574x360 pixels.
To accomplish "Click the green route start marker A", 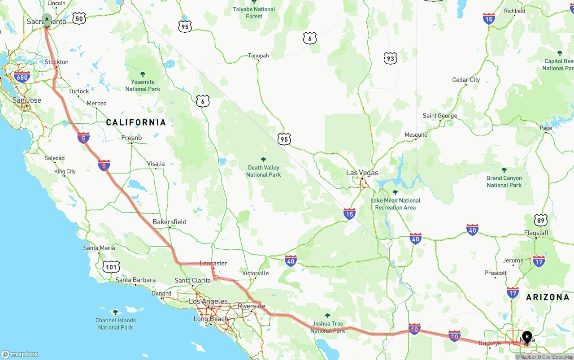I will (47, 19).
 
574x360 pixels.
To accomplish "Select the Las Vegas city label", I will (362, 173).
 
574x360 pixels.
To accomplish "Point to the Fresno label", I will (131, 138).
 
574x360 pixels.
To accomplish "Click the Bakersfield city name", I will (169, 222).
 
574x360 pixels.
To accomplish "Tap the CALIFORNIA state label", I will (136, 122).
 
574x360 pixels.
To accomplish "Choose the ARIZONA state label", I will (548, 297).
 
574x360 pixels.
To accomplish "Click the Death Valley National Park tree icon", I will (263, 160).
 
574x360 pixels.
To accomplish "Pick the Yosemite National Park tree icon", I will (143, 74).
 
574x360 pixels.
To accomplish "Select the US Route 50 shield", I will (79, 18).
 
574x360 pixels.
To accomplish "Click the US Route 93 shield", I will (390, 58).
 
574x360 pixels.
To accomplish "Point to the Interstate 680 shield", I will (22, 77).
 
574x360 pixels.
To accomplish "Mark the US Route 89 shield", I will (541, 220).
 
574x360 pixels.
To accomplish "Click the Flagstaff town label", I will (536, 233).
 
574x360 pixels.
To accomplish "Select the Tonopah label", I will (258, 56).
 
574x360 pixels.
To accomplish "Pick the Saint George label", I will (439, 116).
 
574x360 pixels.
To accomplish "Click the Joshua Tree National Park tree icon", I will (327, 316).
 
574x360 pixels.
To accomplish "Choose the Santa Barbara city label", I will (135, 280).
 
